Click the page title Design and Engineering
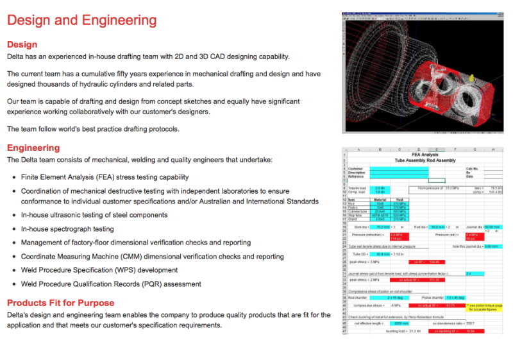tap(81, 20)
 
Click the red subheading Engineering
tap(33, 148)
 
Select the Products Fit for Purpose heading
tap(61, 302)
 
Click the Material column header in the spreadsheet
tap(380, 199)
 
